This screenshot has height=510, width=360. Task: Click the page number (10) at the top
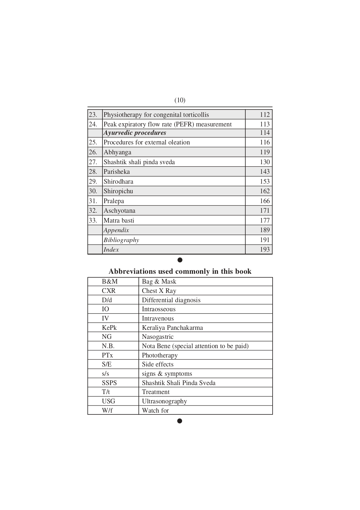tap(180, 100)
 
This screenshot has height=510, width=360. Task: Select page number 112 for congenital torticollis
tap(264, 115)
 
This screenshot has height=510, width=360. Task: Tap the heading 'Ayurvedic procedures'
tap(135, 133)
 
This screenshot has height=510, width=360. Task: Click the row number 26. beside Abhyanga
tap(93, 152)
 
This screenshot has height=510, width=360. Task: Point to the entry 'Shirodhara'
tap(118, 182)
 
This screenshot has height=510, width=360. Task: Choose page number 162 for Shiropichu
tap(264, 191)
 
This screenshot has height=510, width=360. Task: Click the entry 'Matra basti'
tap(119, 221)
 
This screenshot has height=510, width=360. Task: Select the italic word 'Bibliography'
tap(121, 240)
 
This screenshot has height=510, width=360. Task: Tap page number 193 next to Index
tap(264, 250)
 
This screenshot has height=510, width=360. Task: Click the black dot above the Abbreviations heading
tap(180, 260)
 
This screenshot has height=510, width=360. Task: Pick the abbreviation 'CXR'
tap(109, 291)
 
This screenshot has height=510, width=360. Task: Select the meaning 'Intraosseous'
tap(159, 309)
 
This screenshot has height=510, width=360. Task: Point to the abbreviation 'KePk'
tap(109, 328)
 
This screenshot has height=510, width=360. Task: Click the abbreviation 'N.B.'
tap(108, 346)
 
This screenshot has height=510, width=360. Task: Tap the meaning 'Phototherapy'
tap(160, 355)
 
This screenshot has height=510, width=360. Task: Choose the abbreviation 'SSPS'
tap(109, 383)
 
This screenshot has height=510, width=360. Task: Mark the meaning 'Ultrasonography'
tap(164, 401)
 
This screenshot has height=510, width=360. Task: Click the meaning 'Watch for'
tap(155, 411)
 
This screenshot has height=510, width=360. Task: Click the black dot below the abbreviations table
tap(180, 421)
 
